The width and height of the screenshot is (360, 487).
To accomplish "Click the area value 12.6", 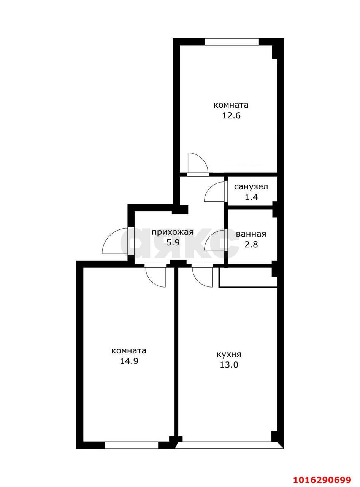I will point(231,115).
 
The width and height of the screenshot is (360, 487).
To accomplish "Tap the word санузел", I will point(251,187).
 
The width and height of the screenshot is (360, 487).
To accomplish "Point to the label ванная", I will point(251,234).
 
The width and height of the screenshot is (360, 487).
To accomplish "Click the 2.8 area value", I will point(251,245).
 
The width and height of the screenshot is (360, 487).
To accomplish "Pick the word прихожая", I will point(173,232).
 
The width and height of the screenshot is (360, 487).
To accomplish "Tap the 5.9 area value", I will point(173,243).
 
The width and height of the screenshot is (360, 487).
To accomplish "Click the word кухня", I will point(229,355).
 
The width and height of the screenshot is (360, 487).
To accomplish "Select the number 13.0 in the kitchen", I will point(229,365).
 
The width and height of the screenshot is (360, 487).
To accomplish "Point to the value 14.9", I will point(129,361).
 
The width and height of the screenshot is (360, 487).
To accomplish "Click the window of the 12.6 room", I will point(232,42).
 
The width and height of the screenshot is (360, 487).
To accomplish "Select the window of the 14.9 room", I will point(131,445).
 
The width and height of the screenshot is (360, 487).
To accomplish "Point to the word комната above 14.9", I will point(129,350).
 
